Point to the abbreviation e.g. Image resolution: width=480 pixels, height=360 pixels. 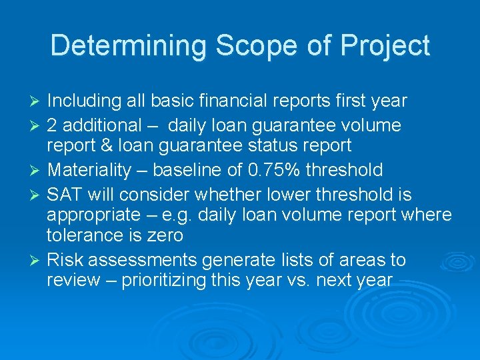point(225,216)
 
